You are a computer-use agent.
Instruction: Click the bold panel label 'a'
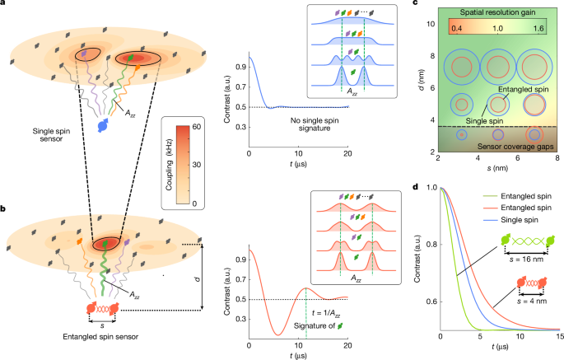click(x=4, y=6)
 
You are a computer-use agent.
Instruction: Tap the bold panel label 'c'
click(x=413, y=6)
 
